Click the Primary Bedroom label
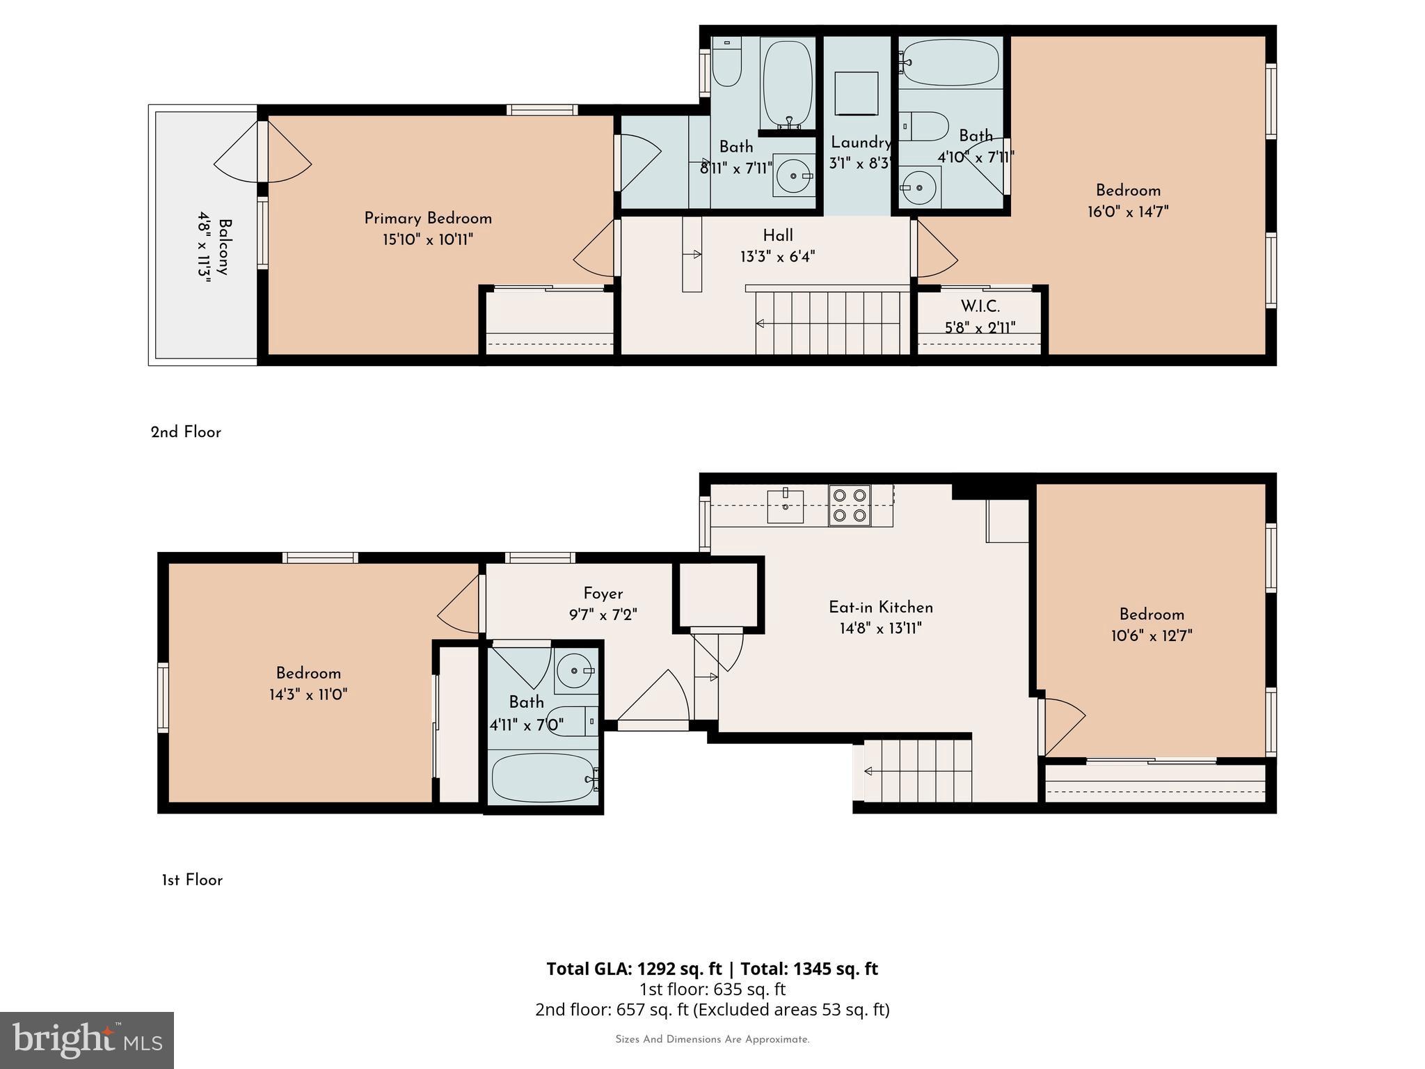(x=428, y=219)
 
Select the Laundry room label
(x=861, y=143)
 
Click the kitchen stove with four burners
(x=850, y=505)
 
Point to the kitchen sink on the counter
(x=785, y=506)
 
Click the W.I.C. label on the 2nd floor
(x=980, y=306)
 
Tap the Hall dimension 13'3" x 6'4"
(x=777, y=257)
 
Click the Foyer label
(x=603, y=594)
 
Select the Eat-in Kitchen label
(x=880, y=608)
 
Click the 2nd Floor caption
(x=186, y=432)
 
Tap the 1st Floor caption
(x=192, y=880)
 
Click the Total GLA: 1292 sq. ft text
(x=635, y=969)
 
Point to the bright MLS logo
(x=87, y=1040)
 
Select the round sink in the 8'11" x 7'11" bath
(x=793, y=176)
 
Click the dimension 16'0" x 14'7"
(x=1128, y=212)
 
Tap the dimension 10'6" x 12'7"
(x=1152, y=635)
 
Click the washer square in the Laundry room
(x=855, y=93)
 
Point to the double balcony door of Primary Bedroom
(x=262, y=152)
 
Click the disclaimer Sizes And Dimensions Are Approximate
(x=712, y=1040)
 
